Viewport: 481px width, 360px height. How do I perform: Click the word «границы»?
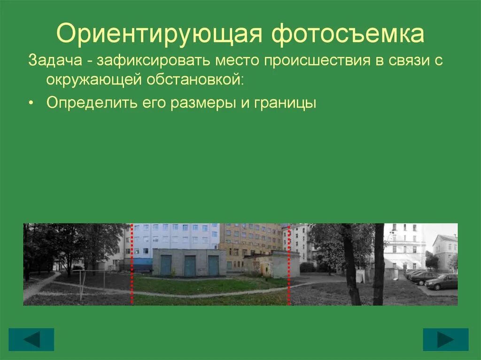pos(285,103)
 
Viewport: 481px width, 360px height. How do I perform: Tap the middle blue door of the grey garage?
pos(190,266)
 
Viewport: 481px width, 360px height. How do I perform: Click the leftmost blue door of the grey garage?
pos(166,265)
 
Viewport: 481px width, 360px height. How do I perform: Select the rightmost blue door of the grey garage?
pos(213,266)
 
